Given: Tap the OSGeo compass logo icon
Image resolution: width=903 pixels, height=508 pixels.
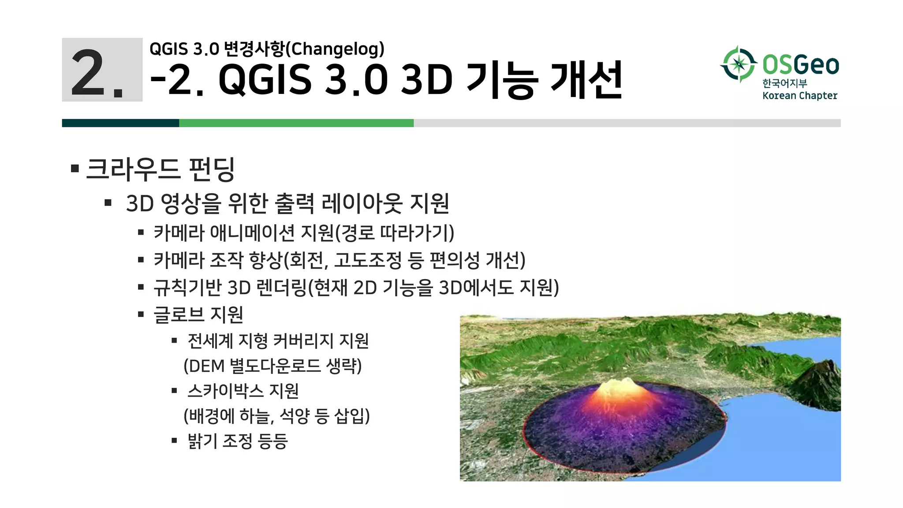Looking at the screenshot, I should point(739,64).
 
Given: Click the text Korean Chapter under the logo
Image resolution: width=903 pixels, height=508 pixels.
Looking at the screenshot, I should point(799,96).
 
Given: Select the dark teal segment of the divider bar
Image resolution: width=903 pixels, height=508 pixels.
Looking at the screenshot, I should point(120,123).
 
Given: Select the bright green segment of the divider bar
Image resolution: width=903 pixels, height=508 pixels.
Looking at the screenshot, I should point(296,123).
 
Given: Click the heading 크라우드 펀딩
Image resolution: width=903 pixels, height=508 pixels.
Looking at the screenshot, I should point(160,169).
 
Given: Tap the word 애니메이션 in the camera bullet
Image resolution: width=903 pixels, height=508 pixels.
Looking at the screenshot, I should point(252,233).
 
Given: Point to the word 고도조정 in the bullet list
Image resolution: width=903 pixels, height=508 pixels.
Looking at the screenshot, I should point(368,260).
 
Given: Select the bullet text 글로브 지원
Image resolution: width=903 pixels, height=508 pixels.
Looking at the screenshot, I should point(198,315).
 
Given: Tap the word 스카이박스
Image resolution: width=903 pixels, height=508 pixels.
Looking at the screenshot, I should point(225,391).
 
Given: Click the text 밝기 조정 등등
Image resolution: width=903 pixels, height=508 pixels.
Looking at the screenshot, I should point(237,441).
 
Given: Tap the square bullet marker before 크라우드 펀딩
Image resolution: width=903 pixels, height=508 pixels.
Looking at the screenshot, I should point(75,168).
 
